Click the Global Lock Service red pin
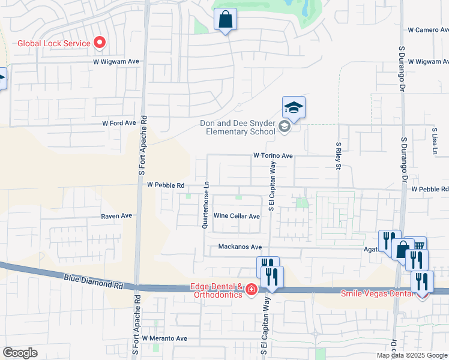(x=100, y=43)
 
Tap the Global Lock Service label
(x=53, y=43)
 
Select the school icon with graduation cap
(x=294, y=108)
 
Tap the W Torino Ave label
(x=273, y=155)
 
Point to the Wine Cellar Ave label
(x=237, y=216)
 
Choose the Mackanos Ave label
(x=240, y=247)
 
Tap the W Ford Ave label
(x=119, y=123)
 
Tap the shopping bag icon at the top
(x=226, y=20)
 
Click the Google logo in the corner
(x=20, y=352)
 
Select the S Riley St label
(x=338, y=155)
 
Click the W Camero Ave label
(x=427, y=29)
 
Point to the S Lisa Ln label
(x=433, y=140)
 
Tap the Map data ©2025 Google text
(x=411, y=355)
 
